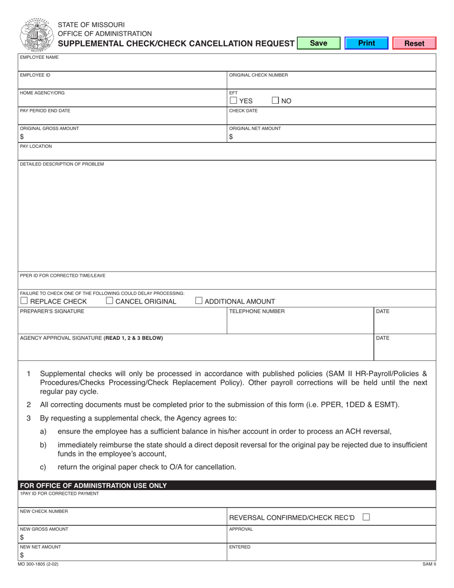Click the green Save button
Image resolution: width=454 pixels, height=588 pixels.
[318, 43]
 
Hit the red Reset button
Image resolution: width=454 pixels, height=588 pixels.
[414, 43]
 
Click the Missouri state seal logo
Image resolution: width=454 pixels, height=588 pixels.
[36, 34]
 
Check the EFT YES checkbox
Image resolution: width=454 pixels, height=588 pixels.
[233, 100]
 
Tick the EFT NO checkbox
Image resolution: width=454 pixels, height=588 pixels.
[276, 100]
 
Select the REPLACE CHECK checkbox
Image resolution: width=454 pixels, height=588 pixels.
[24, 301]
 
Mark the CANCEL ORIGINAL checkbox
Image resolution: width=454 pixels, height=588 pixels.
[109, 301]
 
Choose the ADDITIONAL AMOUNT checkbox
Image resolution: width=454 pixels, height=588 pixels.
[199, 301]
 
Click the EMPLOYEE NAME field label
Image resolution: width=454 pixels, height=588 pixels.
[39, 57]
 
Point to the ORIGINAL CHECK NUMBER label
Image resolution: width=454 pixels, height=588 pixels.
[259, 75]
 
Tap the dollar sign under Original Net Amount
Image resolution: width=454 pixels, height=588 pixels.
[231, 137]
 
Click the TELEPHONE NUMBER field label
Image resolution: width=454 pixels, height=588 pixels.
[257, 311]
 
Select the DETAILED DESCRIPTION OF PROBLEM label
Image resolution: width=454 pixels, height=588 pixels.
[62, 164]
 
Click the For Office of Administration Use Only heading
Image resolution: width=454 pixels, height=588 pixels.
[93, 486]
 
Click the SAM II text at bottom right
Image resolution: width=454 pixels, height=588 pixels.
[429, 564]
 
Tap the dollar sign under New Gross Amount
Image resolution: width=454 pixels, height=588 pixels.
[22, 537]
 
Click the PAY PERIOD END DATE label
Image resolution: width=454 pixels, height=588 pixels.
[45, 110]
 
